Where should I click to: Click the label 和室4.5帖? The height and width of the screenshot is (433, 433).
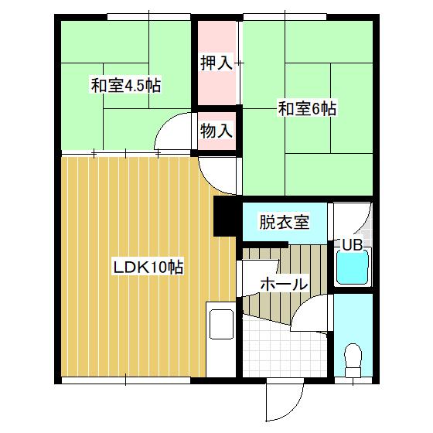[x=126, y=86]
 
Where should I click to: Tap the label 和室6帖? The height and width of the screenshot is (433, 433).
[x=307, y=109]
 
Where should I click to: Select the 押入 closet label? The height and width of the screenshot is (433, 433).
[x=216, y=63]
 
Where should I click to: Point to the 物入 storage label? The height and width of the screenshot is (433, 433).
[x=216, y=131]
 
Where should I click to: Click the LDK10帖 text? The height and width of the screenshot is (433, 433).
[x=148, y=268]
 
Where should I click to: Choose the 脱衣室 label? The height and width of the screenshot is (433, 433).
[x=285, y=222]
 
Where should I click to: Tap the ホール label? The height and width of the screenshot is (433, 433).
[x=285, y=284]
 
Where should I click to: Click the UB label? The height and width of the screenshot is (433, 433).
[x=352, y=244]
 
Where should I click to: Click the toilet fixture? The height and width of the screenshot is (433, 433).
[x=353, y=360]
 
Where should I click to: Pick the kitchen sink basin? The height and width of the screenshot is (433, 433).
[x=221, y=324]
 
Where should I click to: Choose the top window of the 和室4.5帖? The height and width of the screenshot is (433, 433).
[x=148, y=17]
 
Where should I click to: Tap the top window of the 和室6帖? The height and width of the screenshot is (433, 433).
[x=285, y=17]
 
